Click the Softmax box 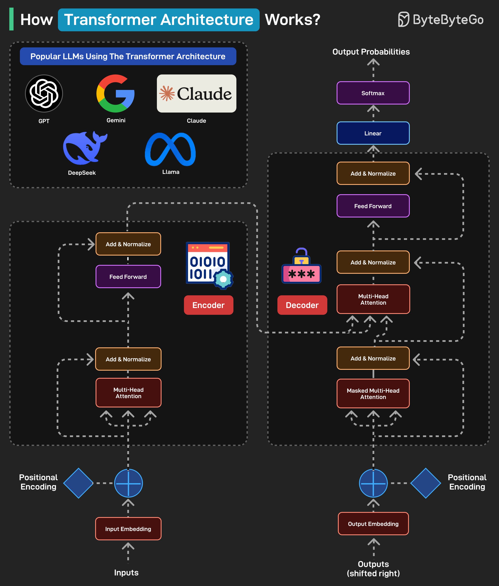tap(373, 93)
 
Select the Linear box tap(373, 133)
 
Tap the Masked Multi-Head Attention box tap(373, 394)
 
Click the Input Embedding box tap(128, 529)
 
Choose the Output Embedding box tap(373, 524)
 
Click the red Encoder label tap(208, 305)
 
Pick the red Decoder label tap(302, 305)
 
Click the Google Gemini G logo tap(115, 94)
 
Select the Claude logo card tap(196, 94)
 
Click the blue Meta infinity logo tap(170, 149)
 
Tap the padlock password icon tap(301, 266)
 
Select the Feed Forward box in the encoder tap(128, 276)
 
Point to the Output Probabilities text tap(371, 52)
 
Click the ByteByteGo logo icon tap(403, 19)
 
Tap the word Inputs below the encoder tap(126, 573)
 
